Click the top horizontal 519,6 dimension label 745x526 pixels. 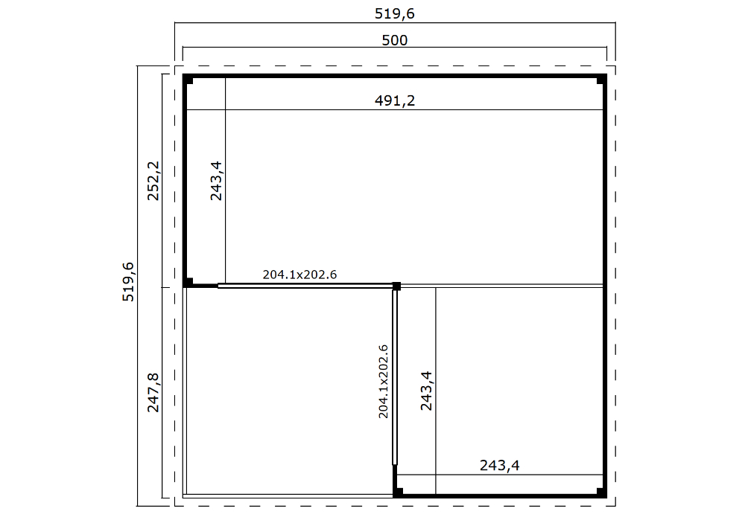click(396, 13)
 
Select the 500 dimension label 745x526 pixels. click(394, 40)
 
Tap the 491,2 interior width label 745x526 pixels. click(394, 101)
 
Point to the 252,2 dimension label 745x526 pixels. click(153, 181)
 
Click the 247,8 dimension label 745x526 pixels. click(153, 392)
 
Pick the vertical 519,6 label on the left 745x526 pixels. click(128, 281)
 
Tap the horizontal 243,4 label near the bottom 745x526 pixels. click(499, 466)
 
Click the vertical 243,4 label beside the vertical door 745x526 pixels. click(426, 391)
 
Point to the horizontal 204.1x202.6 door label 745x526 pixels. click(299, 275)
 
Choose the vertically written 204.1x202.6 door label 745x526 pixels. click(384, 381)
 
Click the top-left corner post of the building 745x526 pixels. click(189, 81)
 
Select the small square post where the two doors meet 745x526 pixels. click(396, 286)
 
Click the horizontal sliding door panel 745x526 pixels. click(305, 286)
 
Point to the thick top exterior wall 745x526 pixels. click(395, 76)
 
